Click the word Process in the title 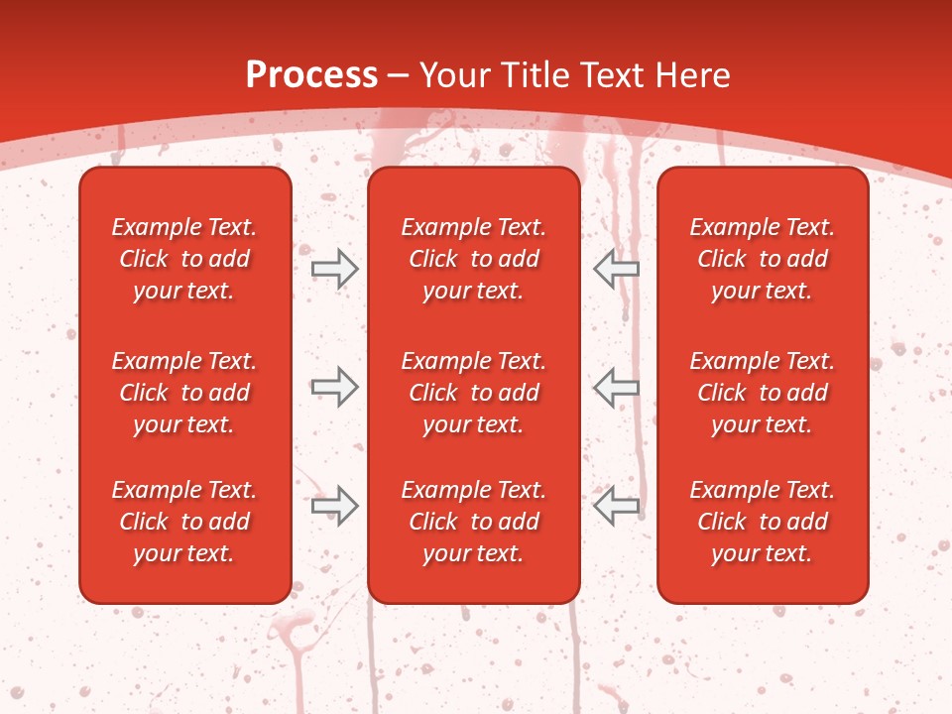[x=311, y=75]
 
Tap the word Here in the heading [x=693, y=75]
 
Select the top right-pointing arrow [x=334, y=269]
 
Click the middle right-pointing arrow [x=334, y=387]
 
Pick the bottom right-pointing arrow [x=334, y=506]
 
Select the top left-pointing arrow [x=616, y=269]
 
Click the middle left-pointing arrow [x=616, y=387]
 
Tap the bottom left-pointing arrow [x=616, y=506]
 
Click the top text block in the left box [x=184, y=259]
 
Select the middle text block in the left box [x=184, y=393]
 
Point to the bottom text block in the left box [x=184, y=522]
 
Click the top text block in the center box [x=473, y=259]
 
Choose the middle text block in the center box [x=473, y=393]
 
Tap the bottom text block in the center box [x=473, y=522]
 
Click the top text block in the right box [x=762, y=259]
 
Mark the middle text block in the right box [x=762, y=393]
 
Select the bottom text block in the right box [x=762, y=522]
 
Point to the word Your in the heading [x=455, y=75]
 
